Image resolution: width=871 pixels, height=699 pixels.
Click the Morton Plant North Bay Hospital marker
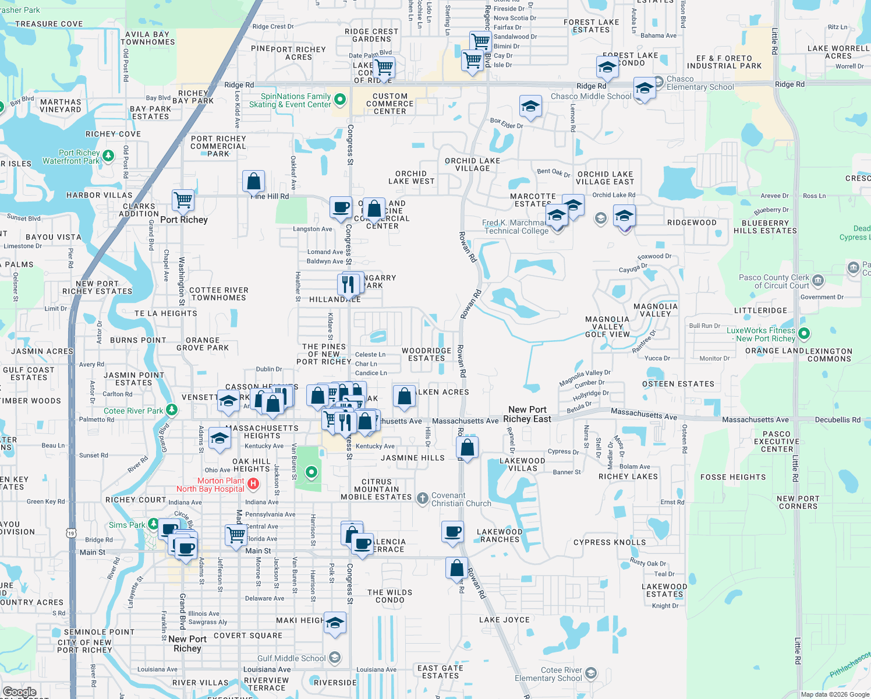[x=253, y=483]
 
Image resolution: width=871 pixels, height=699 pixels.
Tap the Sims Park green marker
[x=153, y=524]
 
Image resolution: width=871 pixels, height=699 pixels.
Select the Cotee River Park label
[x=133, y=411]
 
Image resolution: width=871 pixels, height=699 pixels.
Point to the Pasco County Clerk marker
[x=818, y=281]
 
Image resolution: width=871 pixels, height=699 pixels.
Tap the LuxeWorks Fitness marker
[x=804, y=334]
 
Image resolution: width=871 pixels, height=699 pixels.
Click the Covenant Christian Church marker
[x=422, y=498]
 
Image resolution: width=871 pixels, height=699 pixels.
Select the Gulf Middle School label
[x=291, y=658]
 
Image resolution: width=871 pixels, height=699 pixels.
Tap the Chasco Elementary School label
[x=700, y=83]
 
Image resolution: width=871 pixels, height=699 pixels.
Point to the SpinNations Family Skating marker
[x=341, y=100]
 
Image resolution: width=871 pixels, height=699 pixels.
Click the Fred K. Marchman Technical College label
[x=516, y=227]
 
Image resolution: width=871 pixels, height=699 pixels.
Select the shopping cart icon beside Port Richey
[x=183, y=200]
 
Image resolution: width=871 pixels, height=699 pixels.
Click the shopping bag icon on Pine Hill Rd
[x=254, y=181]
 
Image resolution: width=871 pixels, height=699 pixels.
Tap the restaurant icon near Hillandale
[x=348, y=284]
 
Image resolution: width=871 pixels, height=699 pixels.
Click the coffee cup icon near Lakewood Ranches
[x=452, y=531]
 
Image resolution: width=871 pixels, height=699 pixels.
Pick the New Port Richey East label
[x=527, y=414]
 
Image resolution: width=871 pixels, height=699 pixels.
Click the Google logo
[x=19, y=692]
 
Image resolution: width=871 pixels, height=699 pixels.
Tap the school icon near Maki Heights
[x=335, y=623]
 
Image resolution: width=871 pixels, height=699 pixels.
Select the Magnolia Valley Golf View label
[x=607, y=327]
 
